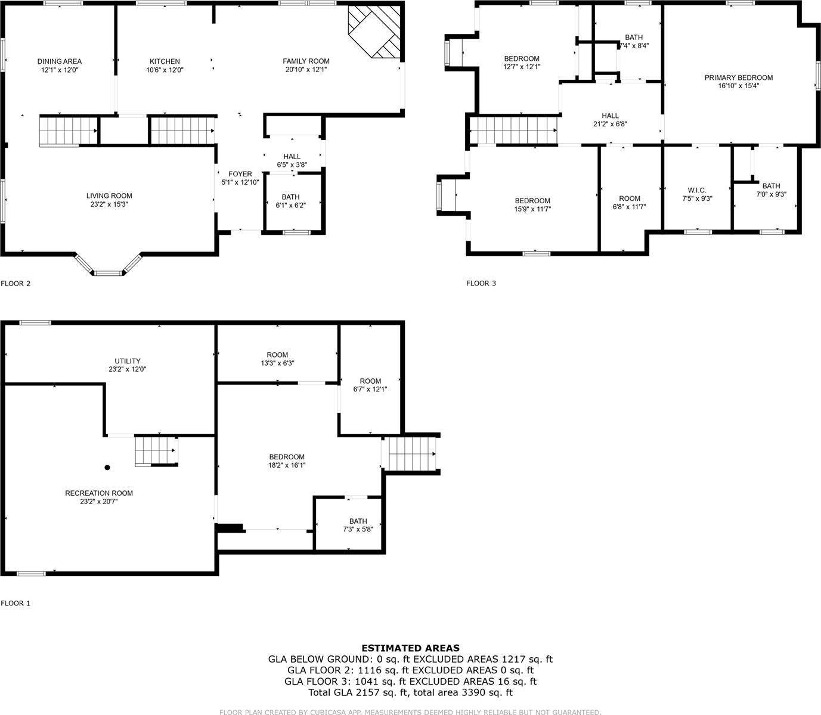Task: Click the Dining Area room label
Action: tap(60, 61)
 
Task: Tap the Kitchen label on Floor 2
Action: tap(165, 61)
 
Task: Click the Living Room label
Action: tap(109, 196)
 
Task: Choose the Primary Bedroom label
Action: tap(738, 77)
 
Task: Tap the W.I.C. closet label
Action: tap(696, 190)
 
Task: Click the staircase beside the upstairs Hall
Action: tap(513, 129)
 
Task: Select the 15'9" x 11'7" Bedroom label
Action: tap(532, 201)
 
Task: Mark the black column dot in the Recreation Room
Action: tap(107, 468)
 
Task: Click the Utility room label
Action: tap(128, 360)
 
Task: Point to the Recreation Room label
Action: tap(99, 493)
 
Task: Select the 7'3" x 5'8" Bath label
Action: tap(358, 521)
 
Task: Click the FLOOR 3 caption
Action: tap(481, 283)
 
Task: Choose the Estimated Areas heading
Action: tap(410, 648)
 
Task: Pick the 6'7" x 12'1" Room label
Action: tap(370, 381)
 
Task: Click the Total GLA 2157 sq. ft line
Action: tap(410, 692)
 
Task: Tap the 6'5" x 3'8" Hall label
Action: tap(292, 157)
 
